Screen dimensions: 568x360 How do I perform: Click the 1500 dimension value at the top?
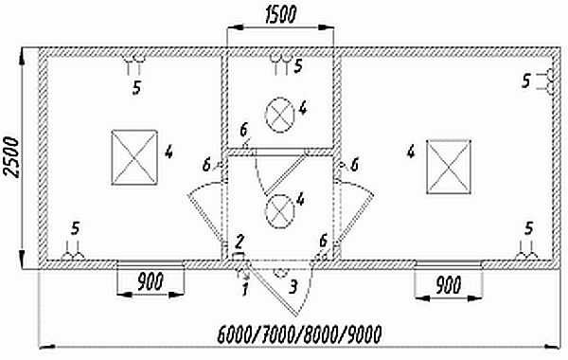click(x=281, y=14)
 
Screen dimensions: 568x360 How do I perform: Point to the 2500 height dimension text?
click(x=10, y=157)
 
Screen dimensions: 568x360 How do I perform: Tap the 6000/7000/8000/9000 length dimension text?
click(x=299, y=334)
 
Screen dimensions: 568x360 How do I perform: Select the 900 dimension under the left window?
click(x=151, y=281)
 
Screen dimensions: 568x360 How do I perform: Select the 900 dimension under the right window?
click(x=448, y=284)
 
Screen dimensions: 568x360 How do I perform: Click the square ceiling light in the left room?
click(x=134, y=157)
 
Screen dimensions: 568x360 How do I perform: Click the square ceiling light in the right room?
click(x=449, y=167)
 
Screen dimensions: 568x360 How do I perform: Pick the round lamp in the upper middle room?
click(x=279, y=115)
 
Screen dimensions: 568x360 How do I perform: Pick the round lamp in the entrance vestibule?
click(x=279, y=211)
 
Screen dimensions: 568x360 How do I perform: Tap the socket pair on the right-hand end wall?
click(x=547, y=81)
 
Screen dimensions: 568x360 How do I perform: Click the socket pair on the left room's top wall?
click(x=133, y=63)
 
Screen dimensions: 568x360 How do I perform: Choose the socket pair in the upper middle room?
click(x=281, y=64)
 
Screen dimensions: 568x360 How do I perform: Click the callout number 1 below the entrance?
click(x=245, y=289)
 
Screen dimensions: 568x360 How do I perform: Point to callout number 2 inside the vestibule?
click(x=240, y=241)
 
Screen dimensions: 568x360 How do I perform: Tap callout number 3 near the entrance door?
click(x=293, y=286)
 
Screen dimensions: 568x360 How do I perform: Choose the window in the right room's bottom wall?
click(x=448, y=264)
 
